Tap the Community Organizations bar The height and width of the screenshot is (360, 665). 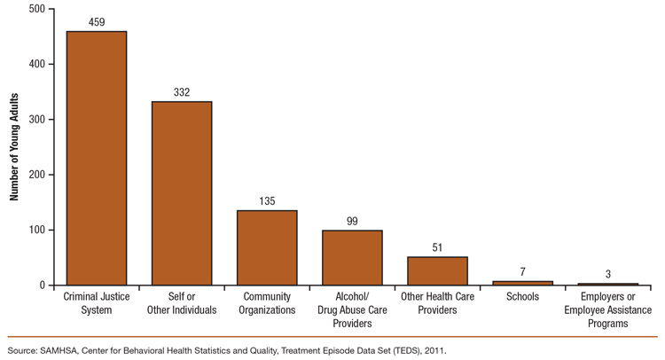267,247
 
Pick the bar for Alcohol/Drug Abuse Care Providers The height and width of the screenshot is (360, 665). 352,257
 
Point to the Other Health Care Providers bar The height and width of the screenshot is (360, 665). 437,270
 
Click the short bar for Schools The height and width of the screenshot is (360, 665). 522,283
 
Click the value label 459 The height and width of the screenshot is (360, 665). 97,22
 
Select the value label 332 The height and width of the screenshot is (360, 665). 182,92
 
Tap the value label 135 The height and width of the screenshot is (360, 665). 267,201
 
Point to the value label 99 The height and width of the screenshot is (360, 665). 352,221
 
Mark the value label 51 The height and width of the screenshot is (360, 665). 437,247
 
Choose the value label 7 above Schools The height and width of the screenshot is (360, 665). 522,271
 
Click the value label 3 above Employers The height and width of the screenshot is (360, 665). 607,274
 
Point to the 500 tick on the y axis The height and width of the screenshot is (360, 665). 35,9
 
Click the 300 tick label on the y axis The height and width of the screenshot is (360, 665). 35,120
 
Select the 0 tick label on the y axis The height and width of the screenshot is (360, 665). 41,286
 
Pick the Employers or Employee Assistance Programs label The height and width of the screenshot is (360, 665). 607,310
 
